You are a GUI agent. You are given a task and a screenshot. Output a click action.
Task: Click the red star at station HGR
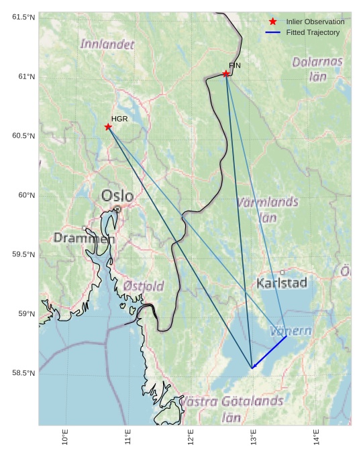pyautogui.click(x=108, y=127)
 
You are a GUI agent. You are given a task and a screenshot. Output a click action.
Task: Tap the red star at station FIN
pyautogui.click(x=226, y=74)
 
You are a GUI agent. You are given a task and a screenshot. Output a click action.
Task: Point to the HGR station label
pyautogui.click(x=119, y=119)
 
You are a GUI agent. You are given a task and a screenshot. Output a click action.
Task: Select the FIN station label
pyautogui.click(x=234, y=66)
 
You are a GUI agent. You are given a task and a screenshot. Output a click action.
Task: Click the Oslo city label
pyautogui.click(x=117, y=196)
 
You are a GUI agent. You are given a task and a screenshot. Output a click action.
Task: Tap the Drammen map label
pyautogui.click(x=85, y=238)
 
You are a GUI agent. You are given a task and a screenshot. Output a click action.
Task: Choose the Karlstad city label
pyautogui.click(x=282, y=283)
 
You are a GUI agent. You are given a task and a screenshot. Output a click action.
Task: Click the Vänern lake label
pyautogui.click(x=291, y=331)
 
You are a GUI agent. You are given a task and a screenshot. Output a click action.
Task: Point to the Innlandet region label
pyautogui.click(x=107, y=44)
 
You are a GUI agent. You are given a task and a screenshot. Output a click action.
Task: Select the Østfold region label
pyautogui.click(x=144, y=286)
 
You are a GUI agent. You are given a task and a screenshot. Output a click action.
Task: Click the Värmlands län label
pyautogui.click(x=268, y=209)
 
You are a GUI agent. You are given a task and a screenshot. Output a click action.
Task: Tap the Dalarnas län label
pyautogui.click(x=317, y=68)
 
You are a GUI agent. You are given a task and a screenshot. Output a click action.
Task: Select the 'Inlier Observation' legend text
pyautogui.click(x=315, y=21)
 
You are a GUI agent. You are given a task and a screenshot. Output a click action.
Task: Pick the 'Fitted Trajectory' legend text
pyautogui.click(x=313, y=32)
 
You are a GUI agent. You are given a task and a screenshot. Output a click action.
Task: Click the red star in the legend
pyautogui.click(x=272, y=21)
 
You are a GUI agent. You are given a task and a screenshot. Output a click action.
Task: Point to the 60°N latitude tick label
pyautogui.click(x=23, y=195)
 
